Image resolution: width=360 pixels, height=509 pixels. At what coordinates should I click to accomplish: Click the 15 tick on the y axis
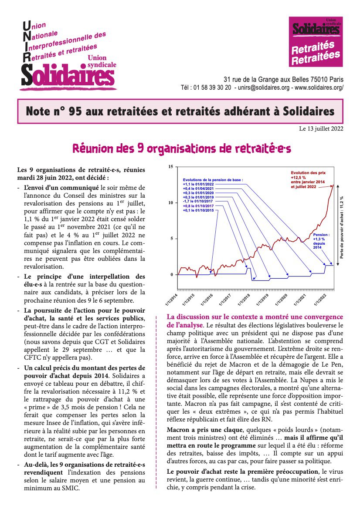171,167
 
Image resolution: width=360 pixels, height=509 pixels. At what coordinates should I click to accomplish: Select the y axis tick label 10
171,203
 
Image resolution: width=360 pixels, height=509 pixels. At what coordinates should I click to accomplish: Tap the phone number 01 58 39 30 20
212,88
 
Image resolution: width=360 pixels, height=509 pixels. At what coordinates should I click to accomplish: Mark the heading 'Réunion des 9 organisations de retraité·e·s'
181,148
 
